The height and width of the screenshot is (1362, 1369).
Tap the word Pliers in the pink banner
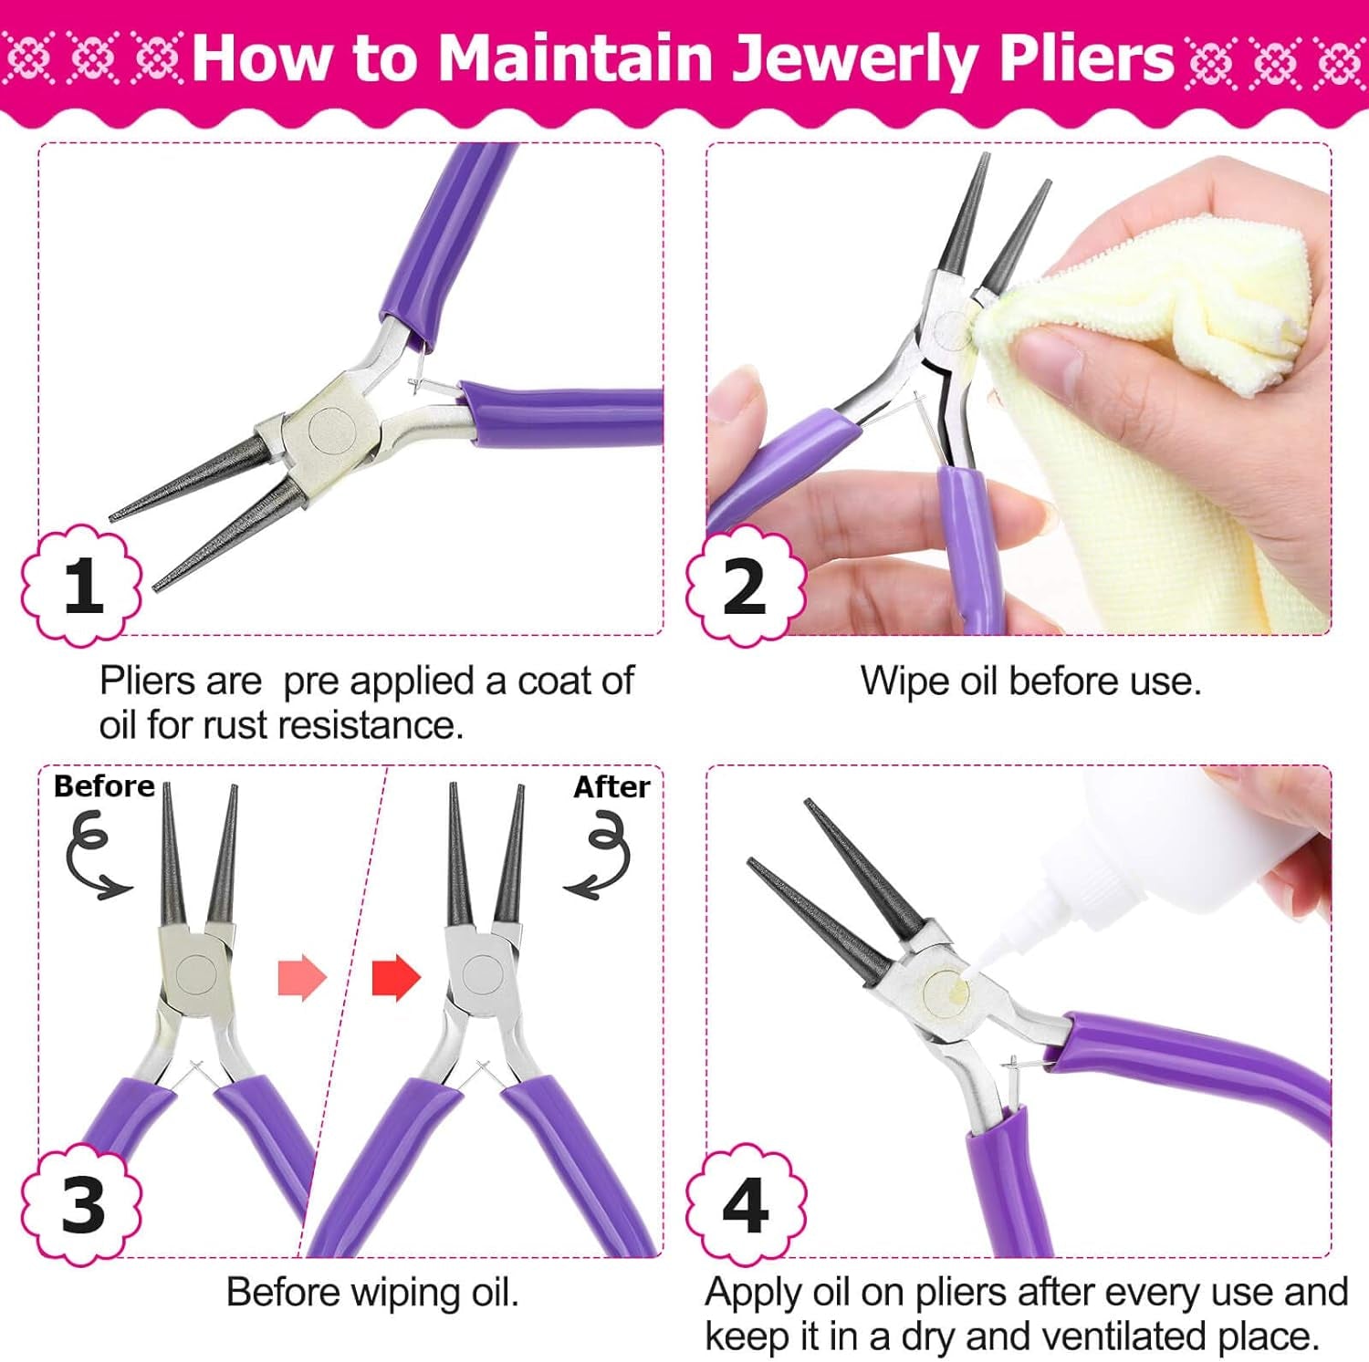tap(1086, 59)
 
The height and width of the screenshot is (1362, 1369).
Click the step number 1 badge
tap(82, 586)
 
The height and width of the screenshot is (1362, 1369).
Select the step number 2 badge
tap(746, 586)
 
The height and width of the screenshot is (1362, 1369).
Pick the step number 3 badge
tap(82, 1204)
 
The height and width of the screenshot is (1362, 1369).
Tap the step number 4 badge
tap(746, 1204)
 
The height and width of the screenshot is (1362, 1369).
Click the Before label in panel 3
tap(104, 786)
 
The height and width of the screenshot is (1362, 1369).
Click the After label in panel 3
tap(611, 786)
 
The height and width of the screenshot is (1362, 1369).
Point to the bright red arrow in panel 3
tap(396, 978)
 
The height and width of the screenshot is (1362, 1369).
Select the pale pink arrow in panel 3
tap(302, 978)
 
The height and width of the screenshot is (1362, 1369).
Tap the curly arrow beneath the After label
tap(601, 858)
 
